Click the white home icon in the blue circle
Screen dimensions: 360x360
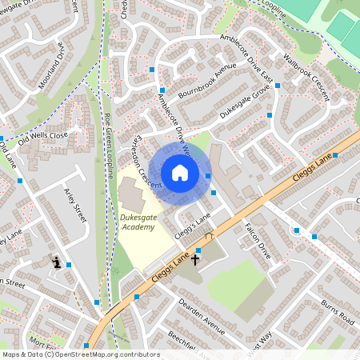point(180,173)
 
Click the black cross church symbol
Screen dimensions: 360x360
point(194,261)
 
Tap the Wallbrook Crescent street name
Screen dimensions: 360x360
point(315,70)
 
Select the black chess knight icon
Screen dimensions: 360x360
point(56,261)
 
